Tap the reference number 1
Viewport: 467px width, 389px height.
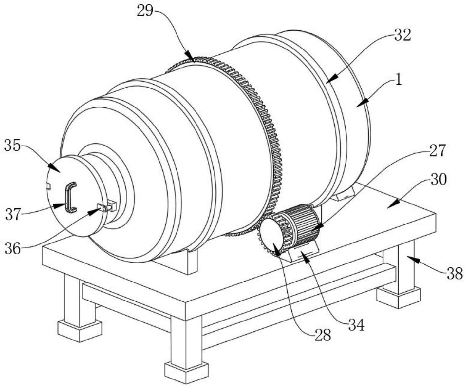(399, 80)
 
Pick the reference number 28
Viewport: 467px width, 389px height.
(323, 335)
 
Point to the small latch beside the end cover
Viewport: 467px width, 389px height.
(106, 206)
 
